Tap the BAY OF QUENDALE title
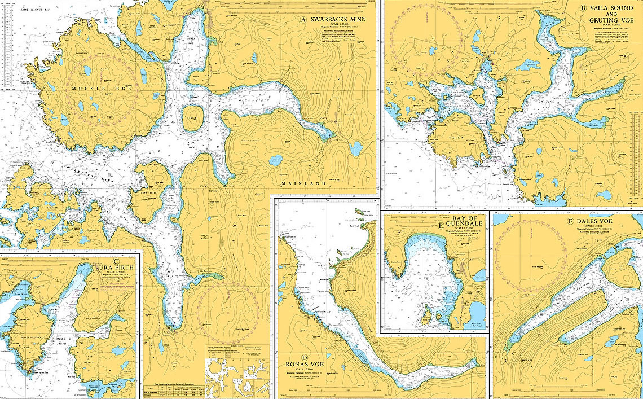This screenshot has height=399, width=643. click(x=468, y=222)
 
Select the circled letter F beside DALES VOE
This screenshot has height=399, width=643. click(x=571, y=221)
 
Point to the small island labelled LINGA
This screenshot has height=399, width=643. click(x=193, y=117)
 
